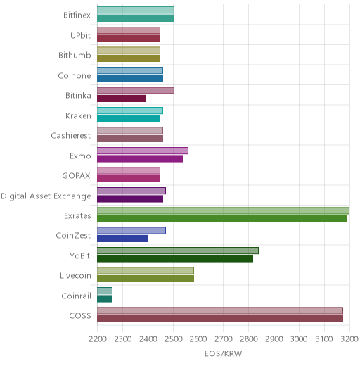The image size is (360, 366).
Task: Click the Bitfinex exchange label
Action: click(77, 15)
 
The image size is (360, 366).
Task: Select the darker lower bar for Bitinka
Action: click(122, 99)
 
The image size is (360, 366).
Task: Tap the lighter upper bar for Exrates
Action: click(223, 210)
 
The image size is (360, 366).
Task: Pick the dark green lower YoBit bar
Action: click(175, 259)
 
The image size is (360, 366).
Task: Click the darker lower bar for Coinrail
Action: click(105, 299)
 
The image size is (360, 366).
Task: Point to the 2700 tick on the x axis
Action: click(224, 339)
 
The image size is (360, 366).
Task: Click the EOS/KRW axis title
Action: click(223, 353)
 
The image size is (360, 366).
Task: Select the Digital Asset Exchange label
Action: click(46, 196)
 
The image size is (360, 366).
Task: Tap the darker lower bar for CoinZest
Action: click(122, 239)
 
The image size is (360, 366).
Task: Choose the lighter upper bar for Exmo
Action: click(143, 151)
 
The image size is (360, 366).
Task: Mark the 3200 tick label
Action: click(349, 339)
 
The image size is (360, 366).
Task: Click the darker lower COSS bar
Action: click(220, 319)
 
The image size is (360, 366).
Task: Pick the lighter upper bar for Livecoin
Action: click(146, 271)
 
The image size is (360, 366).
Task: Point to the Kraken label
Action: click(78, 115)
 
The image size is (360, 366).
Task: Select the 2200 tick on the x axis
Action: click(98, 339)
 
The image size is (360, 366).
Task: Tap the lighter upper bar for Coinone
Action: click(130, 70)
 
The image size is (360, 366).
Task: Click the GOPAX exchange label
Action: click(76, 176)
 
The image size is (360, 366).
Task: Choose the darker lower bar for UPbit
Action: click(129, 39)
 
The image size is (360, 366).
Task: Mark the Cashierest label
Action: click(71, 136)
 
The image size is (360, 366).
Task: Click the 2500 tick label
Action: click(173, 339)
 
